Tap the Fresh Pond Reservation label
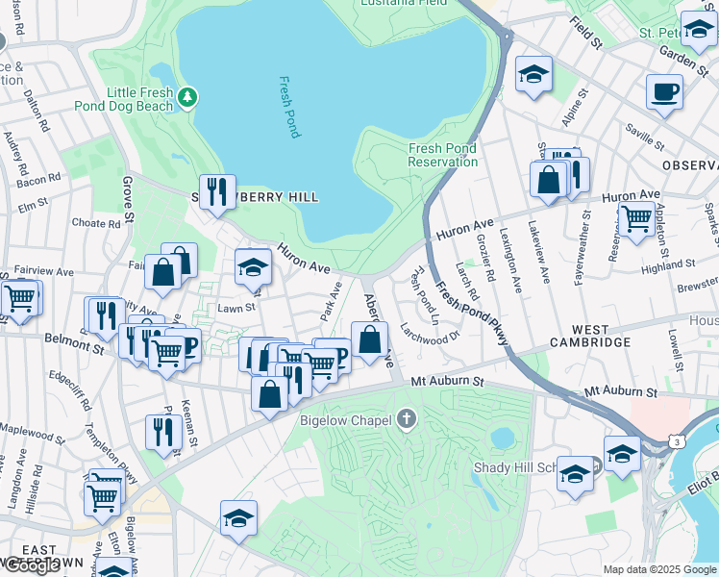coord(443,155)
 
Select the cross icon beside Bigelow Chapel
coord(407,419)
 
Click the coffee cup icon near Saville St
coord(664,92)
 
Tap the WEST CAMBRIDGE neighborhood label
coord(589,342)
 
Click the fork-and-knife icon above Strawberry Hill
coord(218,190)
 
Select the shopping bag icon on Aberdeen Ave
coord(368,339)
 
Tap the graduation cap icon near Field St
coord(533,75)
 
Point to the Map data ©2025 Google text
coord(659,569)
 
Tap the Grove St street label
coord(128,196)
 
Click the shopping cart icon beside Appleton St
coord(636,218)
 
